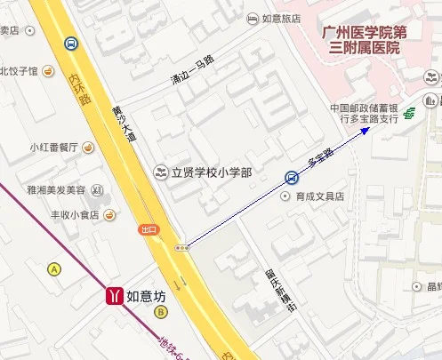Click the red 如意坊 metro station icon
[114, 295]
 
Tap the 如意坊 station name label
[146, 295]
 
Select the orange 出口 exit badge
[149, 229]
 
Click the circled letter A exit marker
[54, 268]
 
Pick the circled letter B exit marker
[161, 312]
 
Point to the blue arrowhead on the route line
[366, 131]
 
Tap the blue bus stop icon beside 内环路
[69, 43]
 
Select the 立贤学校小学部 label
[211, 171]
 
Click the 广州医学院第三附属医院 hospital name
[363, 40]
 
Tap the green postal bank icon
[410, 112]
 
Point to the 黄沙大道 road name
[124, 125]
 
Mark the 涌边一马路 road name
[193, 71]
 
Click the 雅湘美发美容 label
[56, 190]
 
